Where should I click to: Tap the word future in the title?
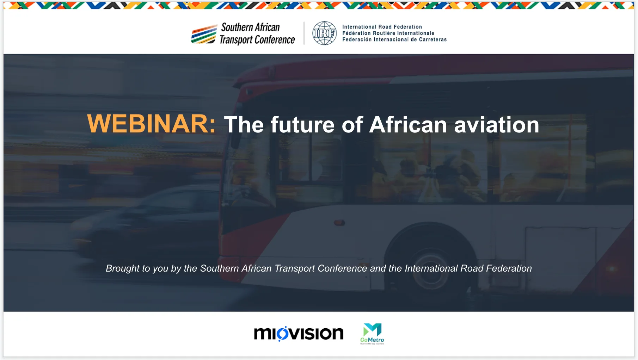tap(302, 125)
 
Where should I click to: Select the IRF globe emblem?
tap(325, 33)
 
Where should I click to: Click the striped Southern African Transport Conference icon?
tap(204, 34)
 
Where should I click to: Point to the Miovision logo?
tap(299, 334)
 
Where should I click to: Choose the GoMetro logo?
tap(372, 334)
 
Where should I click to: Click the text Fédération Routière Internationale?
tap(388, 33)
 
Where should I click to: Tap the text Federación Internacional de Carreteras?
tap(394, 39)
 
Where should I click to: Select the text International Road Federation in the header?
tap(382, 27)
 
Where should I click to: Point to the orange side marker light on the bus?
tap(339, 223)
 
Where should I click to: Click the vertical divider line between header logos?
tap(304, 33)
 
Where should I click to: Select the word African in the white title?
tap(408, 125)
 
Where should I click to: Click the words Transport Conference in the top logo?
tap(257, 39)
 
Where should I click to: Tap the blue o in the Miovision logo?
tap(282, 334)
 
